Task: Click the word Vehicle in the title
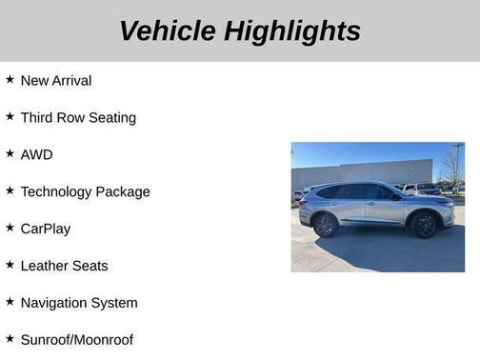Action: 168,30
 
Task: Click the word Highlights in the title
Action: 292,30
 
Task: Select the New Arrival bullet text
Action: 56,81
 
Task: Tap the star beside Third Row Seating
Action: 10,117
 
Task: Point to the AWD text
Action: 36,155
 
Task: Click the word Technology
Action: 57,191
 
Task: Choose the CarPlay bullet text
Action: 46,229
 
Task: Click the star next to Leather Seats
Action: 10,265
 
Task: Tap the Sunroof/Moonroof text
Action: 77,340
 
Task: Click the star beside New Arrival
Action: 10,80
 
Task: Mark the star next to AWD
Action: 10,154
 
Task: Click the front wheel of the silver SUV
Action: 424,225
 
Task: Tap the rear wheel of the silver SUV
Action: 326,225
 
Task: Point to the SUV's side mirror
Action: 394,196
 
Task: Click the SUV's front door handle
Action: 371,204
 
